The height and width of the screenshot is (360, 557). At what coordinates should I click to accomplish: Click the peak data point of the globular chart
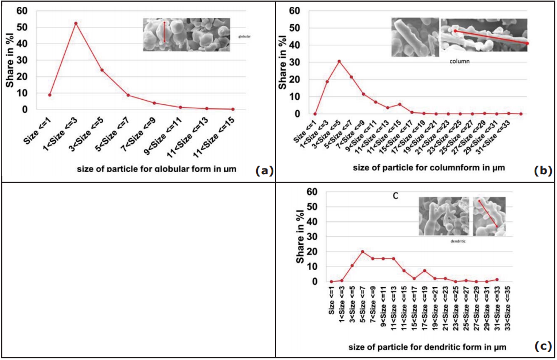coord(76,24)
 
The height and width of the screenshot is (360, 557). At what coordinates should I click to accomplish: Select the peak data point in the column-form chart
coord(339,61)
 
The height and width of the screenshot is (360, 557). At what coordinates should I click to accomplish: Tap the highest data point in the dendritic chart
coord(362,252)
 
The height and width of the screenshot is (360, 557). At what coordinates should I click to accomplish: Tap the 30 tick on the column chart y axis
coord(296,62)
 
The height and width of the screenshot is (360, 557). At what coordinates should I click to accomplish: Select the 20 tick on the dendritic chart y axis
coord(313,252)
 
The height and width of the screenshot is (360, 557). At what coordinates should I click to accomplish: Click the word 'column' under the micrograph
coord(460,61)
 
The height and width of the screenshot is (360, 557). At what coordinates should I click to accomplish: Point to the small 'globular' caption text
coord(245,36)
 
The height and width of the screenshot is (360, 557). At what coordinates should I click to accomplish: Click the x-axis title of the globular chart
coord(165,170)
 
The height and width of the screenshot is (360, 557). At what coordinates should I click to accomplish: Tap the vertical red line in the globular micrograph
coord(164,32)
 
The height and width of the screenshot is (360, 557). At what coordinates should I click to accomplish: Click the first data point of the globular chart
coord(50,95)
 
